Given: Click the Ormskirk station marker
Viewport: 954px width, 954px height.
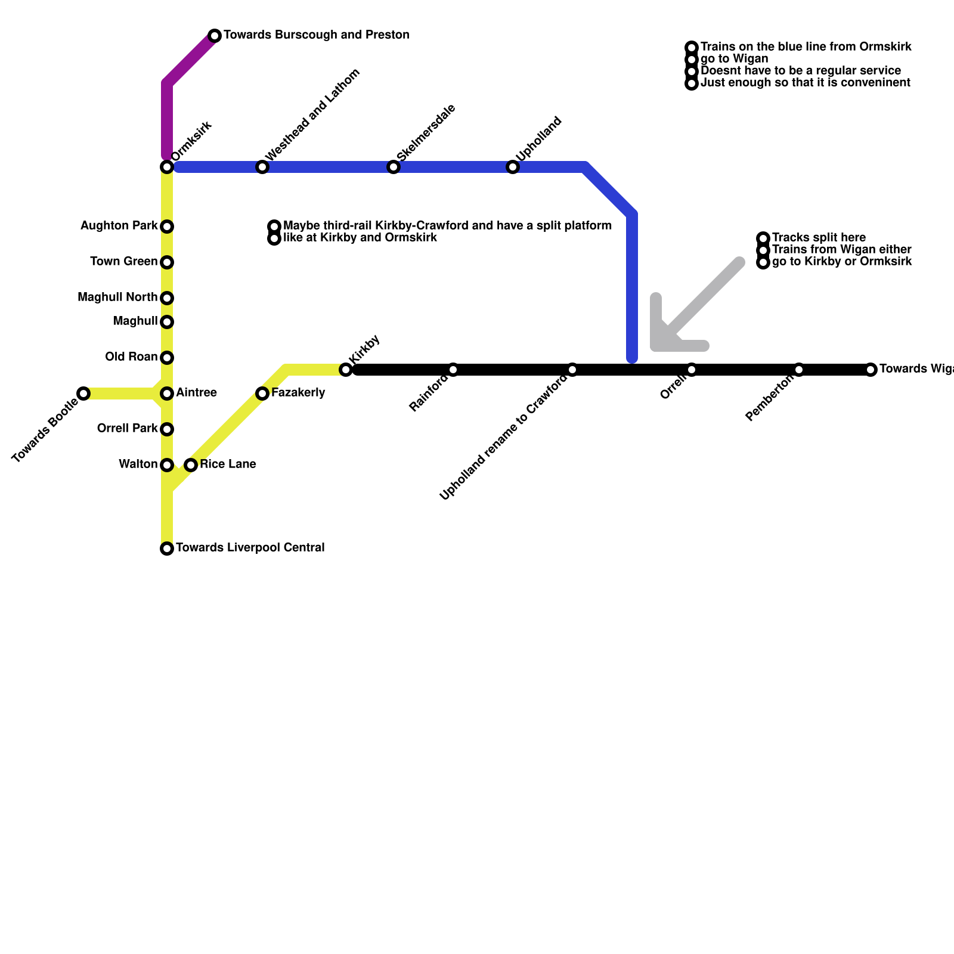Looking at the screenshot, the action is pyautogui.click(x=167, y=167).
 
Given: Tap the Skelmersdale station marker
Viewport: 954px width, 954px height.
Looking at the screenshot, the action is pyautogui.click(x=394, y=167).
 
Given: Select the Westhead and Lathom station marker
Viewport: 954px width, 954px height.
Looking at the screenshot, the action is pyautogui.click(x=262, y=167).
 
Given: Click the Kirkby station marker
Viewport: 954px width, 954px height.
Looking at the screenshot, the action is pyautogui.click(x=346, y=370).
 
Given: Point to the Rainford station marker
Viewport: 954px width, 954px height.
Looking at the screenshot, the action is pyautogui.click(x=453, y=370).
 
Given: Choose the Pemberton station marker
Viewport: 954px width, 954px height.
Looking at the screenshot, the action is pyautogui.click(x=799, y=370).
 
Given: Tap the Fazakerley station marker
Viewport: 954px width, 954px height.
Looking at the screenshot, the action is pyautogui.click(x=262, y=394).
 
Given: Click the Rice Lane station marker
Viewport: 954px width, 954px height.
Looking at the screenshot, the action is pyautogui.click(x=191, y=465).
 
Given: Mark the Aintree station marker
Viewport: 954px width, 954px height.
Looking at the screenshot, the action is pyautogui.click(x=167, y=394).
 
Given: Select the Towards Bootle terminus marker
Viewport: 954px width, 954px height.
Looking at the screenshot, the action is pyautogui.click(x=83, y=394).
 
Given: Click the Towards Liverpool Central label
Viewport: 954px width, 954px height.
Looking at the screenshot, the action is pyautogui.click(x=250, y=548).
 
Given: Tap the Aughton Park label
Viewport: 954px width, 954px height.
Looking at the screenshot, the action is pyautogui.click(x=119, y=226).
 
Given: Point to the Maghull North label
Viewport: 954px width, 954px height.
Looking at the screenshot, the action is pyautogui.click(x=117, y=298).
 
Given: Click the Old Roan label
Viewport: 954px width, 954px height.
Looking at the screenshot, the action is pyautogui.click(x=131, y=357).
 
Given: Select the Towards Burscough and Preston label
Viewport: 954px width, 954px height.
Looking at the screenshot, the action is pyautogui.click(x=316, y=35).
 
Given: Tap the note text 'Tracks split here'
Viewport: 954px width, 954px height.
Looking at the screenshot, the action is pyautogui.click(x=819, y=238).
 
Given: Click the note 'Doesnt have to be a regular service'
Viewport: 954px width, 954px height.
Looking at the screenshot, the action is pyautogui.click(x=801, y=71).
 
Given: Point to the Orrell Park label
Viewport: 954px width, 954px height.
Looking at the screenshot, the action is pyautogui.click(x=127, y=429).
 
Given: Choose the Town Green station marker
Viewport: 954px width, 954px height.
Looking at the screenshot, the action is pyautogui.click(x=167, y=262).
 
